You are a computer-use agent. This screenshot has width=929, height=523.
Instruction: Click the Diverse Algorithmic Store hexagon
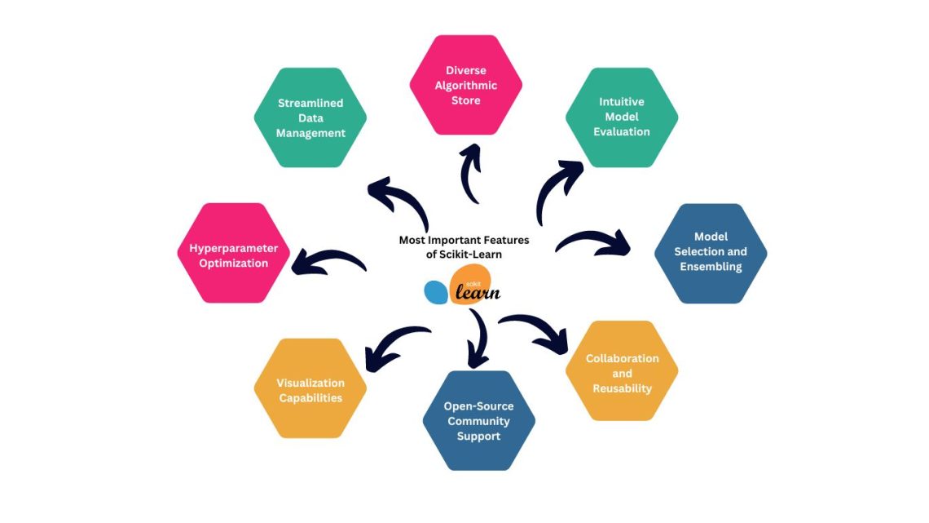(x=465, y=85)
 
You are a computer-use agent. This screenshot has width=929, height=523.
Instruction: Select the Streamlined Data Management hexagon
(x=310, y=117)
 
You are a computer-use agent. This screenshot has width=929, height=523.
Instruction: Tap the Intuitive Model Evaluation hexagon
(x=622, y=117)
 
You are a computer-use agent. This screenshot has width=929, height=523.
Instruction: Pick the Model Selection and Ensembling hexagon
(x=711, y=253)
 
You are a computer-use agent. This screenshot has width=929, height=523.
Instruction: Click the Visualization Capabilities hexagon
(x=310, y=388)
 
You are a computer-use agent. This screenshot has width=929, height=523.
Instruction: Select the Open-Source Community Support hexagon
(x=478, y=420)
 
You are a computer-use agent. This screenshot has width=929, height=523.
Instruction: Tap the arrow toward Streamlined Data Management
(x=399, y=204)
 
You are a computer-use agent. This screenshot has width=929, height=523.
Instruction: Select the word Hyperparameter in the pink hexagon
(x=234, y=247)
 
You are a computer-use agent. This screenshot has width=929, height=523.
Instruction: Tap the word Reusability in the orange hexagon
(x=622, y=388)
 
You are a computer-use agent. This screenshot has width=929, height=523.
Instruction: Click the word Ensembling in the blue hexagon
(x=711, y=267)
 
